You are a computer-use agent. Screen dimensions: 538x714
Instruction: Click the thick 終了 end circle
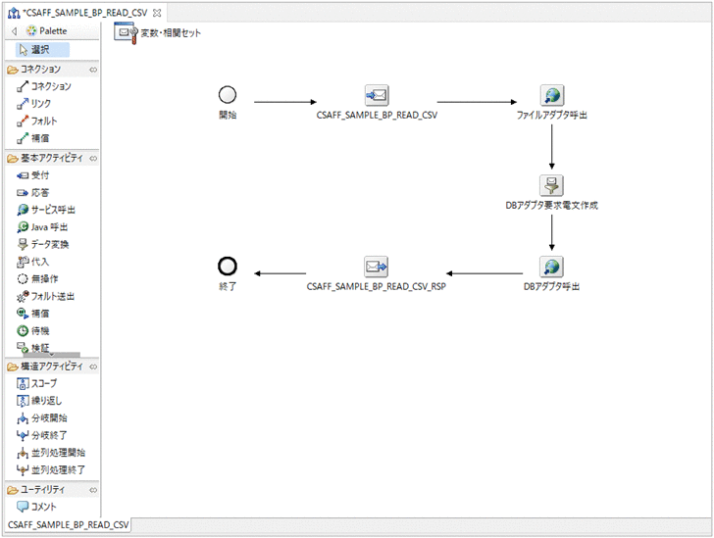(228, 266)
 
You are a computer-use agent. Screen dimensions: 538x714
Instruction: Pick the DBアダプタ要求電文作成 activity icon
(552, 185)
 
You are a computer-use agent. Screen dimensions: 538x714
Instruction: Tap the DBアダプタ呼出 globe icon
(552, 267)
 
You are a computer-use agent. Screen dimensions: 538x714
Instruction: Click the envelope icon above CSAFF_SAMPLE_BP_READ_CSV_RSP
(377, 267)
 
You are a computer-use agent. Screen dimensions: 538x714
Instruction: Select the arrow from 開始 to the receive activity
(285, 101)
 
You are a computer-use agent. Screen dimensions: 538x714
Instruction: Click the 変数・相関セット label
(166, 32)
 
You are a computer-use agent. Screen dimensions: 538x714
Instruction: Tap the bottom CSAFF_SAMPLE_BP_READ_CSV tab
(68, 526)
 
